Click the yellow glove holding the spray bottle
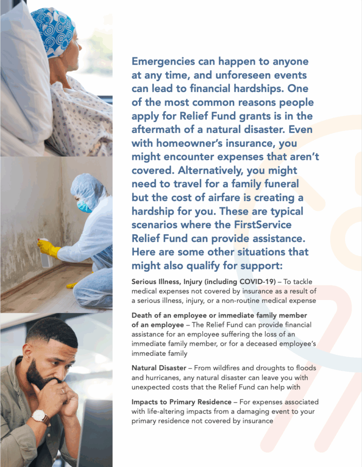coord(48,247)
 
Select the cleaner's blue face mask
coord(84,206)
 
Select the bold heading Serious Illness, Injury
coord(172,282)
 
